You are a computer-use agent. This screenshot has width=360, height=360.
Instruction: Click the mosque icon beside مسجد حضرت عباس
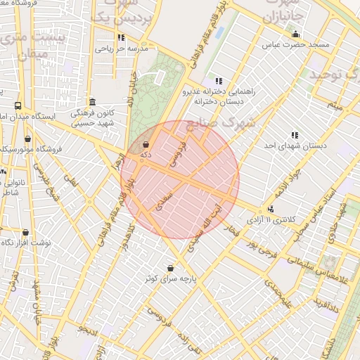(x=295, y=34)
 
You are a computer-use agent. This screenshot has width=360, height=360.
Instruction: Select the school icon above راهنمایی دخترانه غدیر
(x=219, y=81)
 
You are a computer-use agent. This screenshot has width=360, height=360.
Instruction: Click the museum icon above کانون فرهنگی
(x=93, y=102)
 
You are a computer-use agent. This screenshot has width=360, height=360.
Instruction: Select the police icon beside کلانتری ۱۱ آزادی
(x=271, y=209)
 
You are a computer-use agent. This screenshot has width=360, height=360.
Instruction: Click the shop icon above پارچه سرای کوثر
(x=171, y=267)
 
